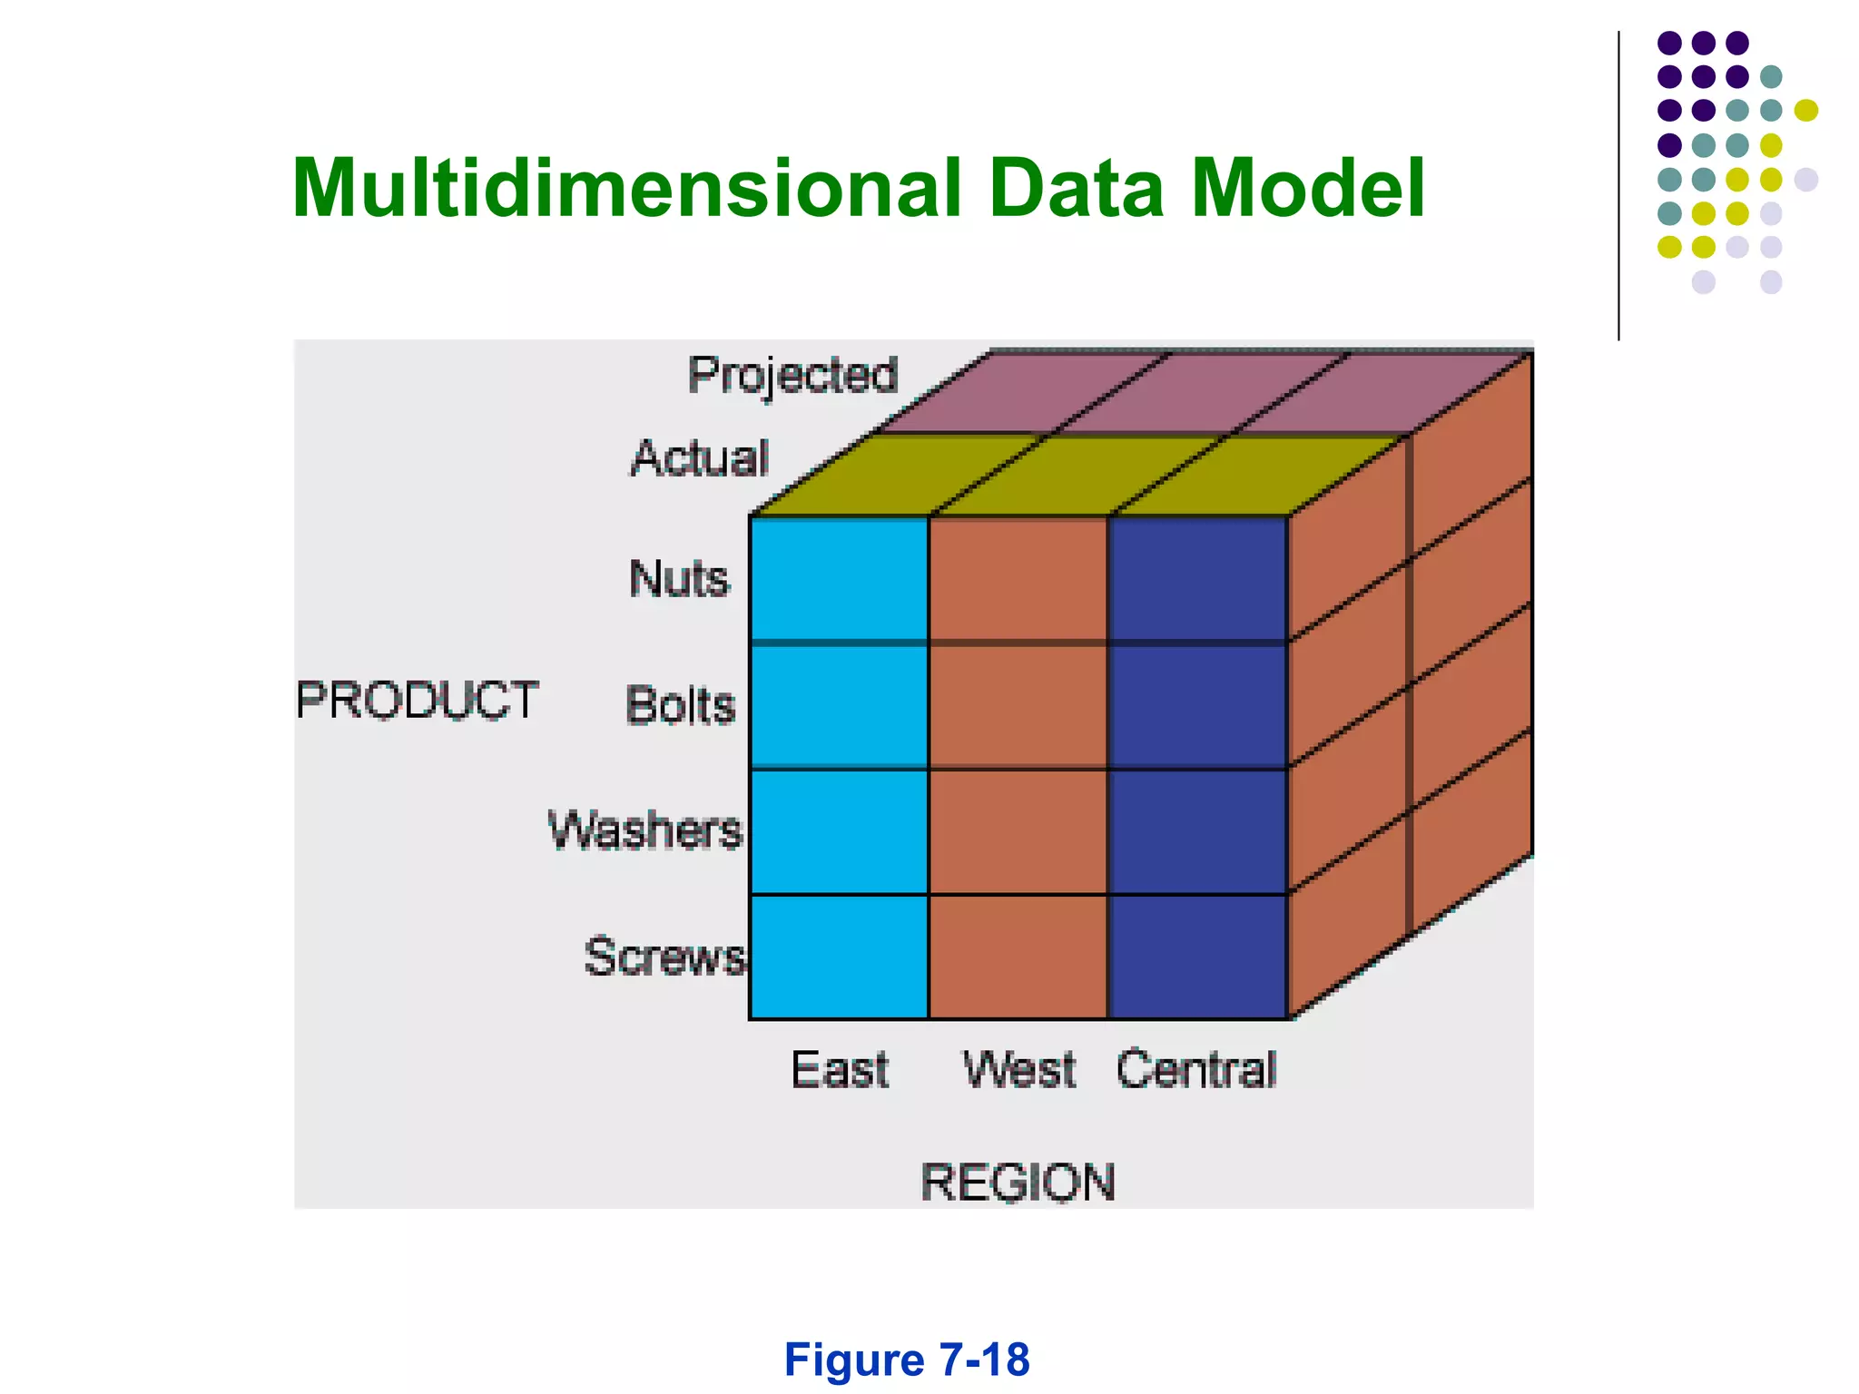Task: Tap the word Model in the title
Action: point(1307,189)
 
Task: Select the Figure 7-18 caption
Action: point(906,1360)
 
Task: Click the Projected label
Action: point(792,376)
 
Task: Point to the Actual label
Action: point(700,457)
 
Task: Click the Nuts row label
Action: point(679,579)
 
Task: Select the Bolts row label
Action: point(680,705)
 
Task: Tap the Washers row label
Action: point(645,830)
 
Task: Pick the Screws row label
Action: point(664,957)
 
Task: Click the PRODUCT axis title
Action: point(418,701)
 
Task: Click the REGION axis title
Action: point(1018,1183)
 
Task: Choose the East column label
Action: point(840,1069)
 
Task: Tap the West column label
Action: point(1018,1069)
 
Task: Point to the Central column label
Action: point(1196,1069)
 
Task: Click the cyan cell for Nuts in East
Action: point(839,579)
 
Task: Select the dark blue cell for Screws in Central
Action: point(1198,957)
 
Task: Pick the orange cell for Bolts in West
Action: point(1018,705)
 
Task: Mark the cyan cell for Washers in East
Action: point(839,831)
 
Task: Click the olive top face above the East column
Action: point(894,475)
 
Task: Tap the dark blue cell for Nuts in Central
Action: point(1198,579)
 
